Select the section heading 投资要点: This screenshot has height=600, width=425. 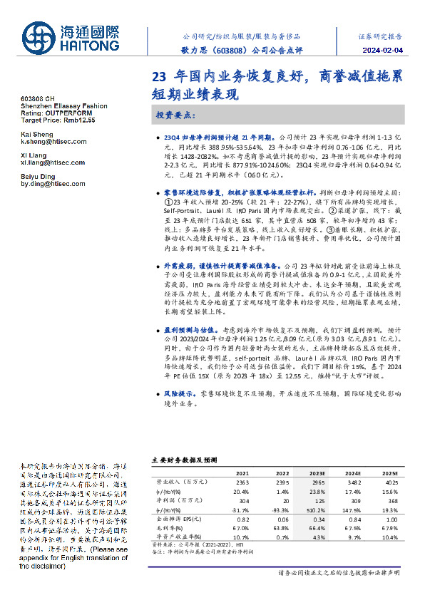175,115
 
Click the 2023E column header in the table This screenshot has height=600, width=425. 317,473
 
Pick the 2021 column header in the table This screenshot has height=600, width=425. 242,473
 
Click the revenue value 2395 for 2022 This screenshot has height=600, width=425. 280,482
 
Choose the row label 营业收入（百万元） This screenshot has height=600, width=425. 178,482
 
